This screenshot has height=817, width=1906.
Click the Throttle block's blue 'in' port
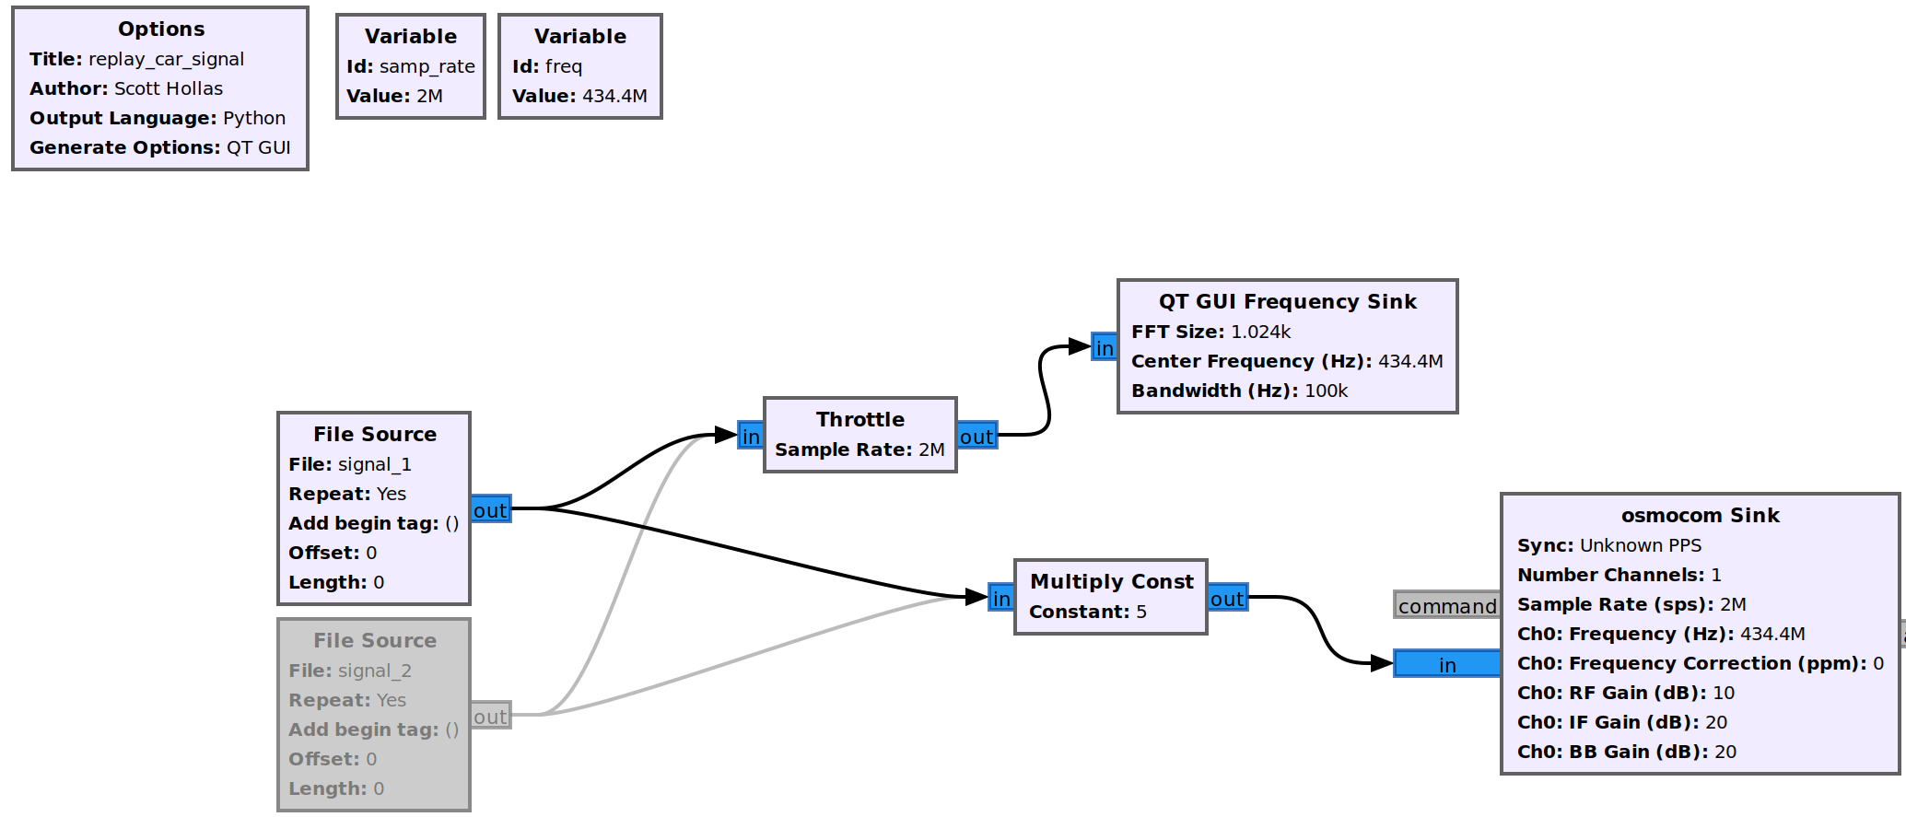[x=750, y=436]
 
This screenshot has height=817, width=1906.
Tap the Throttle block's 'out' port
[x=976, y=436]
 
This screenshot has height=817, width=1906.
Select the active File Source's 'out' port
[x=490, y=509]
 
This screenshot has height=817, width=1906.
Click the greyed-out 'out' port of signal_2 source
[x=490, y=716]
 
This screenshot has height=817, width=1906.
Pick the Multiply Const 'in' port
[x=1000, y=598]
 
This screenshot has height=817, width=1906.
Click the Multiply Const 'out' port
[x=1227, y=598]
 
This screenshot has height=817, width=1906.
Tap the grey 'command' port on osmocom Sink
[x=1446, y=605]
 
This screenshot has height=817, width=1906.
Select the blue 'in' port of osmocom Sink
[x=1446, y=664]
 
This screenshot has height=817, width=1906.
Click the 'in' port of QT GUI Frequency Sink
[x=1104, y=347]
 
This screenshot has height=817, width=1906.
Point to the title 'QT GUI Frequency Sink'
[x=1287, y=301]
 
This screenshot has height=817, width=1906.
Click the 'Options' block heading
[x=161, y=29]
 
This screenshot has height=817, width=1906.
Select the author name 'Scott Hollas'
[x=169, y=88]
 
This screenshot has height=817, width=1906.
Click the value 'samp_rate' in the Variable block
[x=427, y=66]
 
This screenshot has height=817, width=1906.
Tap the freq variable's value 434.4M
[x=614, y=96]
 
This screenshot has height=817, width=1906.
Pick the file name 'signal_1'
[x=375, y=464]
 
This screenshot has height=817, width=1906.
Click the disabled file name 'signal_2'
[x=375, y=671]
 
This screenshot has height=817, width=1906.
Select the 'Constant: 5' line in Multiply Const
[x=1087, y=612]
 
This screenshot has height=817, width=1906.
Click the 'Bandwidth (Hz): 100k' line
[x=1239, y=391]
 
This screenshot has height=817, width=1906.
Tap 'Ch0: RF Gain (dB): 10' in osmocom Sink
[x=1625, y=693]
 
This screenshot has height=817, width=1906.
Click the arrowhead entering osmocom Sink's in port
[x=1381, y=663]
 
